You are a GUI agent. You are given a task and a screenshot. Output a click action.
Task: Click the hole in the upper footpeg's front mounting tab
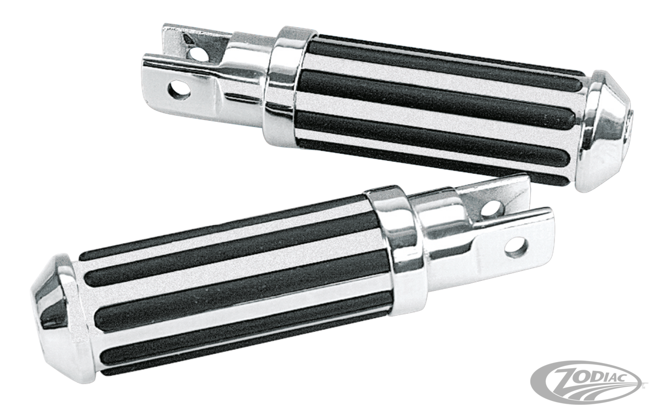(179, 89)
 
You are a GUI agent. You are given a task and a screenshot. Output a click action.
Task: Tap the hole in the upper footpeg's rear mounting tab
(198, 54)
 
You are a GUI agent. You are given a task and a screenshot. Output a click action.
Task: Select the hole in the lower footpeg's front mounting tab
(516, 247)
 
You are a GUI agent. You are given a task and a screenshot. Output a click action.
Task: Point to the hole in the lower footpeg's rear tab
(492, 208)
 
